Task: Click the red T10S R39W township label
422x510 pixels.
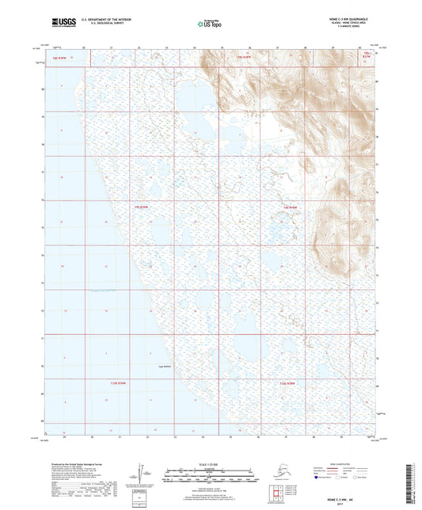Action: [116, 383]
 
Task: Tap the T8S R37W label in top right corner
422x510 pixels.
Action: [366, 57]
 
